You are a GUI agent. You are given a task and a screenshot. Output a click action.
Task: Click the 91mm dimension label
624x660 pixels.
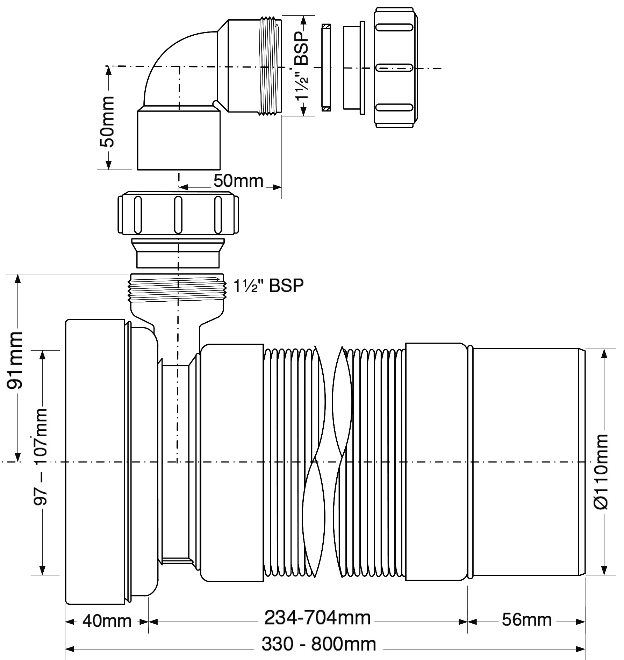[x=15, y=360]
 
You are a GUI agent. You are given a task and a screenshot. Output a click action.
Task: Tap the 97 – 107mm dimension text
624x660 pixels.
[x=41, y=457]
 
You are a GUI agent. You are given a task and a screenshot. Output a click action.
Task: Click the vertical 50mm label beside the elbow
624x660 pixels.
[x=107, y=121]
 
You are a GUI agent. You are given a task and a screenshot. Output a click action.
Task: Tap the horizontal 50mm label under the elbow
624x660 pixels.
[x=238, y=181]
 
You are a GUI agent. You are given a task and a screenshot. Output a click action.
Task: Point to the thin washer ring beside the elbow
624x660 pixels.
[x=326, y=67]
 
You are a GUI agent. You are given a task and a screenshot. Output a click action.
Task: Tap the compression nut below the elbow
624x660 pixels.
[x=179, y=213]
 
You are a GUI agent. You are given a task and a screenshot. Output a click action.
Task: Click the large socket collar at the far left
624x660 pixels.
[x=95, y=461]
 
